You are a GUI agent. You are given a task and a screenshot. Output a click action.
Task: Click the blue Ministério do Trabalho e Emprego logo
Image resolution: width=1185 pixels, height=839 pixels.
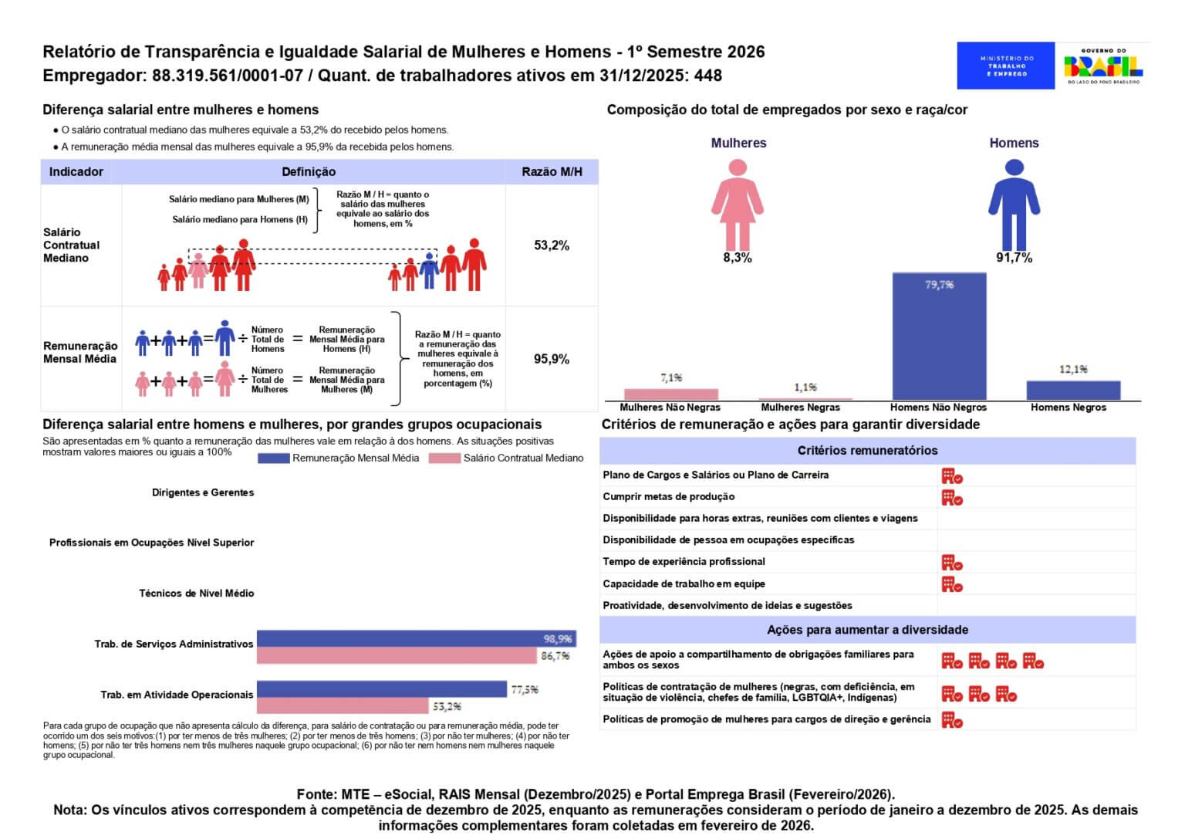coord(1006,66)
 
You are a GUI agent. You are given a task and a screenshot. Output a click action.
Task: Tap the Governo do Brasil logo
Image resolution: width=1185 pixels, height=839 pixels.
coord(1103,66)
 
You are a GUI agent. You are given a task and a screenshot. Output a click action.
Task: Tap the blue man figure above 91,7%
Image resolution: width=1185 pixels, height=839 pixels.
coord(1015,205)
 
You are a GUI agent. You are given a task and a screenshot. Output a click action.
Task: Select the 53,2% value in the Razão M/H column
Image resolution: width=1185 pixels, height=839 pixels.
coord(552,245)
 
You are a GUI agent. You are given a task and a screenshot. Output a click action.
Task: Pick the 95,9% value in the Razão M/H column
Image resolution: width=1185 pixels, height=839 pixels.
coord(552,359)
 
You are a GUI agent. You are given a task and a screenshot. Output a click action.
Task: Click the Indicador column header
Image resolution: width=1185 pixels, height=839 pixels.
coord(76,171)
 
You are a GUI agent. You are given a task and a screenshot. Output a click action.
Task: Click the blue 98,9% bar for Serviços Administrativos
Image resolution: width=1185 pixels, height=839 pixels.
coord(417,638)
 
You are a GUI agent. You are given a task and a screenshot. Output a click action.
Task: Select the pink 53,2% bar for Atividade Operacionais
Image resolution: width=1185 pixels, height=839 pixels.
coord(343,705)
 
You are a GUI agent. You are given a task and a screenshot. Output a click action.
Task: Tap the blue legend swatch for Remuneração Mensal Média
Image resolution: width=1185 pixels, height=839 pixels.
coord(274,458)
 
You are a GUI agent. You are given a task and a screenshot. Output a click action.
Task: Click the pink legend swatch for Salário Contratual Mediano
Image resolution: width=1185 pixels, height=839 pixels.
coord(444,458)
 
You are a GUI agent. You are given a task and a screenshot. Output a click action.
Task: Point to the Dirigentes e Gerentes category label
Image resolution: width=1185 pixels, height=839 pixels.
coord(203,492)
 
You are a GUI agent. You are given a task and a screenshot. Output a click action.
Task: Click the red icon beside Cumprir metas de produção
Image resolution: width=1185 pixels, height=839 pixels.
coord(952,498)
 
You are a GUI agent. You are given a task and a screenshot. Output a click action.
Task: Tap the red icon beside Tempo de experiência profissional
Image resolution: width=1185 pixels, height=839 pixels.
coord(952,563)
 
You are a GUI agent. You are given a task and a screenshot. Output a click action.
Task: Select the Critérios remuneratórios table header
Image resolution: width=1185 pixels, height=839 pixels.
coord(868,451)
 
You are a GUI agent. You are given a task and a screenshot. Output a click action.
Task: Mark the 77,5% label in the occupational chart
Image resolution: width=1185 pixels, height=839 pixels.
coord(525,689)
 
